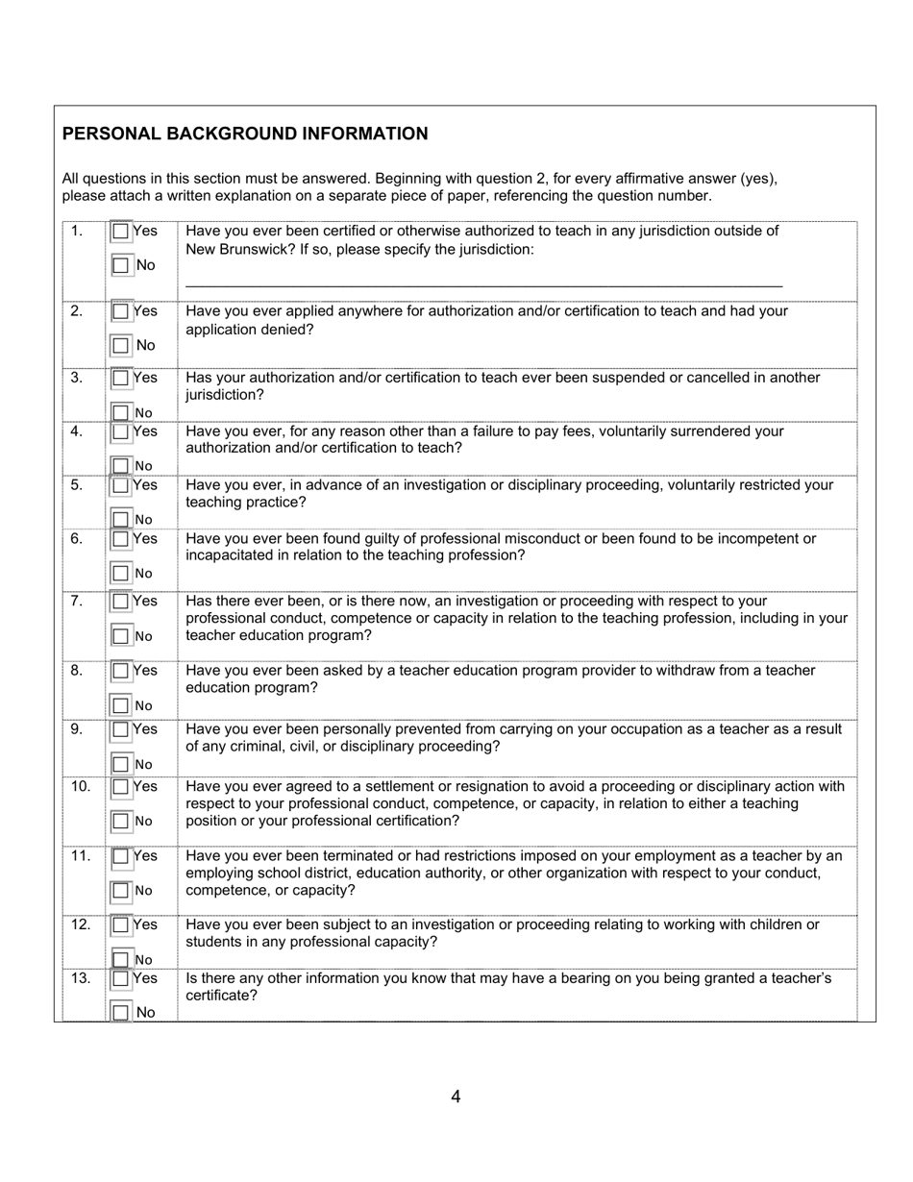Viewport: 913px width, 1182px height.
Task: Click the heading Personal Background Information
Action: click(245, 134)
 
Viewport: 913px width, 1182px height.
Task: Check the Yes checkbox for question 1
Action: click(120, 232)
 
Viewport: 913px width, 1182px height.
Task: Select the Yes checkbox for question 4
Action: click(120, 431)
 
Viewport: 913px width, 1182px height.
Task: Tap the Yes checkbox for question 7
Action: click(120, 602)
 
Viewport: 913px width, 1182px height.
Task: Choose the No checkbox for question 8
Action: click(120, 705)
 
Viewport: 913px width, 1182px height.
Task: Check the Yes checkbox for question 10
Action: click(120, 787)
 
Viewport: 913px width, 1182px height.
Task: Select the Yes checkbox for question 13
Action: click(120, 979)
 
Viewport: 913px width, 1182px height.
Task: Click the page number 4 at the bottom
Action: click(456, 1096)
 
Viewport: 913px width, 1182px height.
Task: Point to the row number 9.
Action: click(76, 729)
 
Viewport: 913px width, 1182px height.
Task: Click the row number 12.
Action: click(80, 924)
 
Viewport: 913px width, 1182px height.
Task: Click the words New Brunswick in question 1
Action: click(234, 250)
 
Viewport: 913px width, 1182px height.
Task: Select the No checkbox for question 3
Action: click(120, 412)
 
